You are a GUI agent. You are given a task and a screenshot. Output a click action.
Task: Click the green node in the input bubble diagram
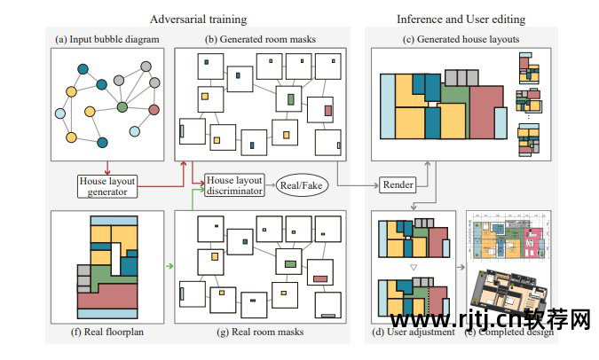pyautogui.click(x=122, y=108)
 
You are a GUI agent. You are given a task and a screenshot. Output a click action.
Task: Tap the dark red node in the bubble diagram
pyautogui.click(x=153, y=110)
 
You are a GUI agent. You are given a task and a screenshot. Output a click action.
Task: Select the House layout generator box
pyautogui.click(x=107, y=184)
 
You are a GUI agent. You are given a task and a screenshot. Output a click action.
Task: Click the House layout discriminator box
pyautogui.click(x=234, y=184)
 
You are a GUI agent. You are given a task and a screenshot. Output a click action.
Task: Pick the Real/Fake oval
pyautogui.click(x=302, y=184)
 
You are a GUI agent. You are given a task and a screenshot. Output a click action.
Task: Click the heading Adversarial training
pyautogui.click(x=199, y=18)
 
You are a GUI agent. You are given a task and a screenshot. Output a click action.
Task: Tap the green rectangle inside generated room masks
pyautogui.click(x=289, y=99)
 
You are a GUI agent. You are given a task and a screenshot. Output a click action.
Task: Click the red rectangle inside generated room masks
pyautogui.click(x=328, y=111)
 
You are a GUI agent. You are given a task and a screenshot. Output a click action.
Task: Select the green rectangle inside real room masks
pyautogui.click(x=289, y=263)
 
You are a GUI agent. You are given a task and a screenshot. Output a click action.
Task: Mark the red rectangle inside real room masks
pyautogui.click(x=320, y=279)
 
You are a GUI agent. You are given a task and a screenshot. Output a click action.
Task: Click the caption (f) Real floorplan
pyautogui.click(x=95, y=332)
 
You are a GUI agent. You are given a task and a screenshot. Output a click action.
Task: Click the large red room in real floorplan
pyautogui.click(x=106, y=297)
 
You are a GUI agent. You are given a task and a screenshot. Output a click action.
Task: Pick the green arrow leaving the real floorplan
pyautogui.click(x=168, y=265)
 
